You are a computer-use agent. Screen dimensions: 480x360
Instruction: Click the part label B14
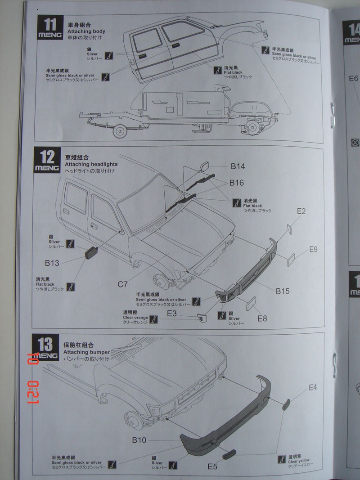(x=237, y=166)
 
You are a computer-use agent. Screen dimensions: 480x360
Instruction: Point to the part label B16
(x=236, y=183)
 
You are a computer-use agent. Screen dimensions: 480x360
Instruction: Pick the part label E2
(x=301, y=211)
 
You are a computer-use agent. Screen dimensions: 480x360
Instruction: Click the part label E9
(x=313, y=249)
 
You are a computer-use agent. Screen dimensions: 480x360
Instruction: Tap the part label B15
(x=283, y=291)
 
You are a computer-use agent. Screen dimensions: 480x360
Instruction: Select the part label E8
(x=262, y=319)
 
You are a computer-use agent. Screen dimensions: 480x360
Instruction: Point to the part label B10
(x=139, y=440)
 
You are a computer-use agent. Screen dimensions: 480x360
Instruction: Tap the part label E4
(x=313, y=387)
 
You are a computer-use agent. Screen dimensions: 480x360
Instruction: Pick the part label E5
(x=212, y=467)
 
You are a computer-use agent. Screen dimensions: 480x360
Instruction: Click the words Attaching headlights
(x=91, y=164)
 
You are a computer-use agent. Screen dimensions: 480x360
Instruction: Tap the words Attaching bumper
(x=86, y=352)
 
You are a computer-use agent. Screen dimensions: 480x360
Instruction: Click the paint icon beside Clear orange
(x=154, y=320)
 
